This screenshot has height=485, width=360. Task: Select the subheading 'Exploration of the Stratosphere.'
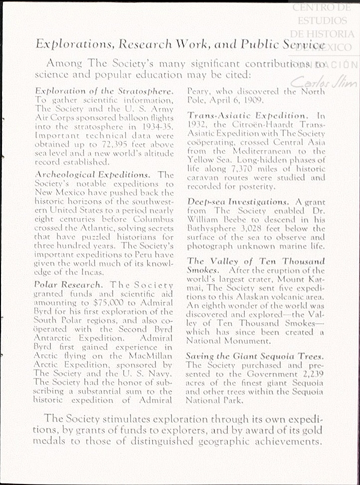coord(105,91)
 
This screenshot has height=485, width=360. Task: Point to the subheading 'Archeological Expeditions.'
coord(92,175)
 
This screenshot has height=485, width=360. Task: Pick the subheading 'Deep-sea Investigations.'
coord(238,202)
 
